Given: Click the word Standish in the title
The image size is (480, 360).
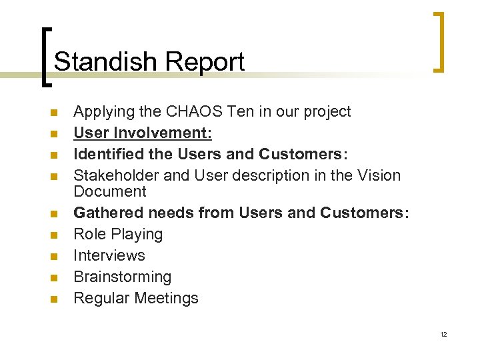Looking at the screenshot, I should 106,61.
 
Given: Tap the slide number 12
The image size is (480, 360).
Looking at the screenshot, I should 443,334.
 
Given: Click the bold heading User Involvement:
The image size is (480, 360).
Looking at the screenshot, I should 143,133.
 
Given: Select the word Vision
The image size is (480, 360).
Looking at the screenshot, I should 378,175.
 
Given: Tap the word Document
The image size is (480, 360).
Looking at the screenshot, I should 109,191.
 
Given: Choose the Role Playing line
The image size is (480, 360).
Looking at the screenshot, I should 118,234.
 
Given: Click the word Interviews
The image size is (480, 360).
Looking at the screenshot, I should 109,255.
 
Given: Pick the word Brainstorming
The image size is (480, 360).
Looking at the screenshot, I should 122,277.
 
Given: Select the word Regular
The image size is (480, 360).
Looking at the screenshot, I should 101,298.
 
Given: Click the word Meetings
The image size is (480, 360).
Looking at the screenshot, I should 167,298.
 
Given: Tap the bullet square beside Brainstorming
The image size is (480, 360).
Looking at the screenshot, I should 53,277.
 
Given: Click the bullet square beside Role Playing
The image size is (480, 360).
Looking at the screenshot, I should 53,235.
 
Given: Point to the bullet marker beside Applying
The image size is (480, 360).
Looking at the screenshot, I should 53,112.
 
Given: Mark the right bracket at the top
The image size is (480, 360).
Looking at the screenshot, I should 439,41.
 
